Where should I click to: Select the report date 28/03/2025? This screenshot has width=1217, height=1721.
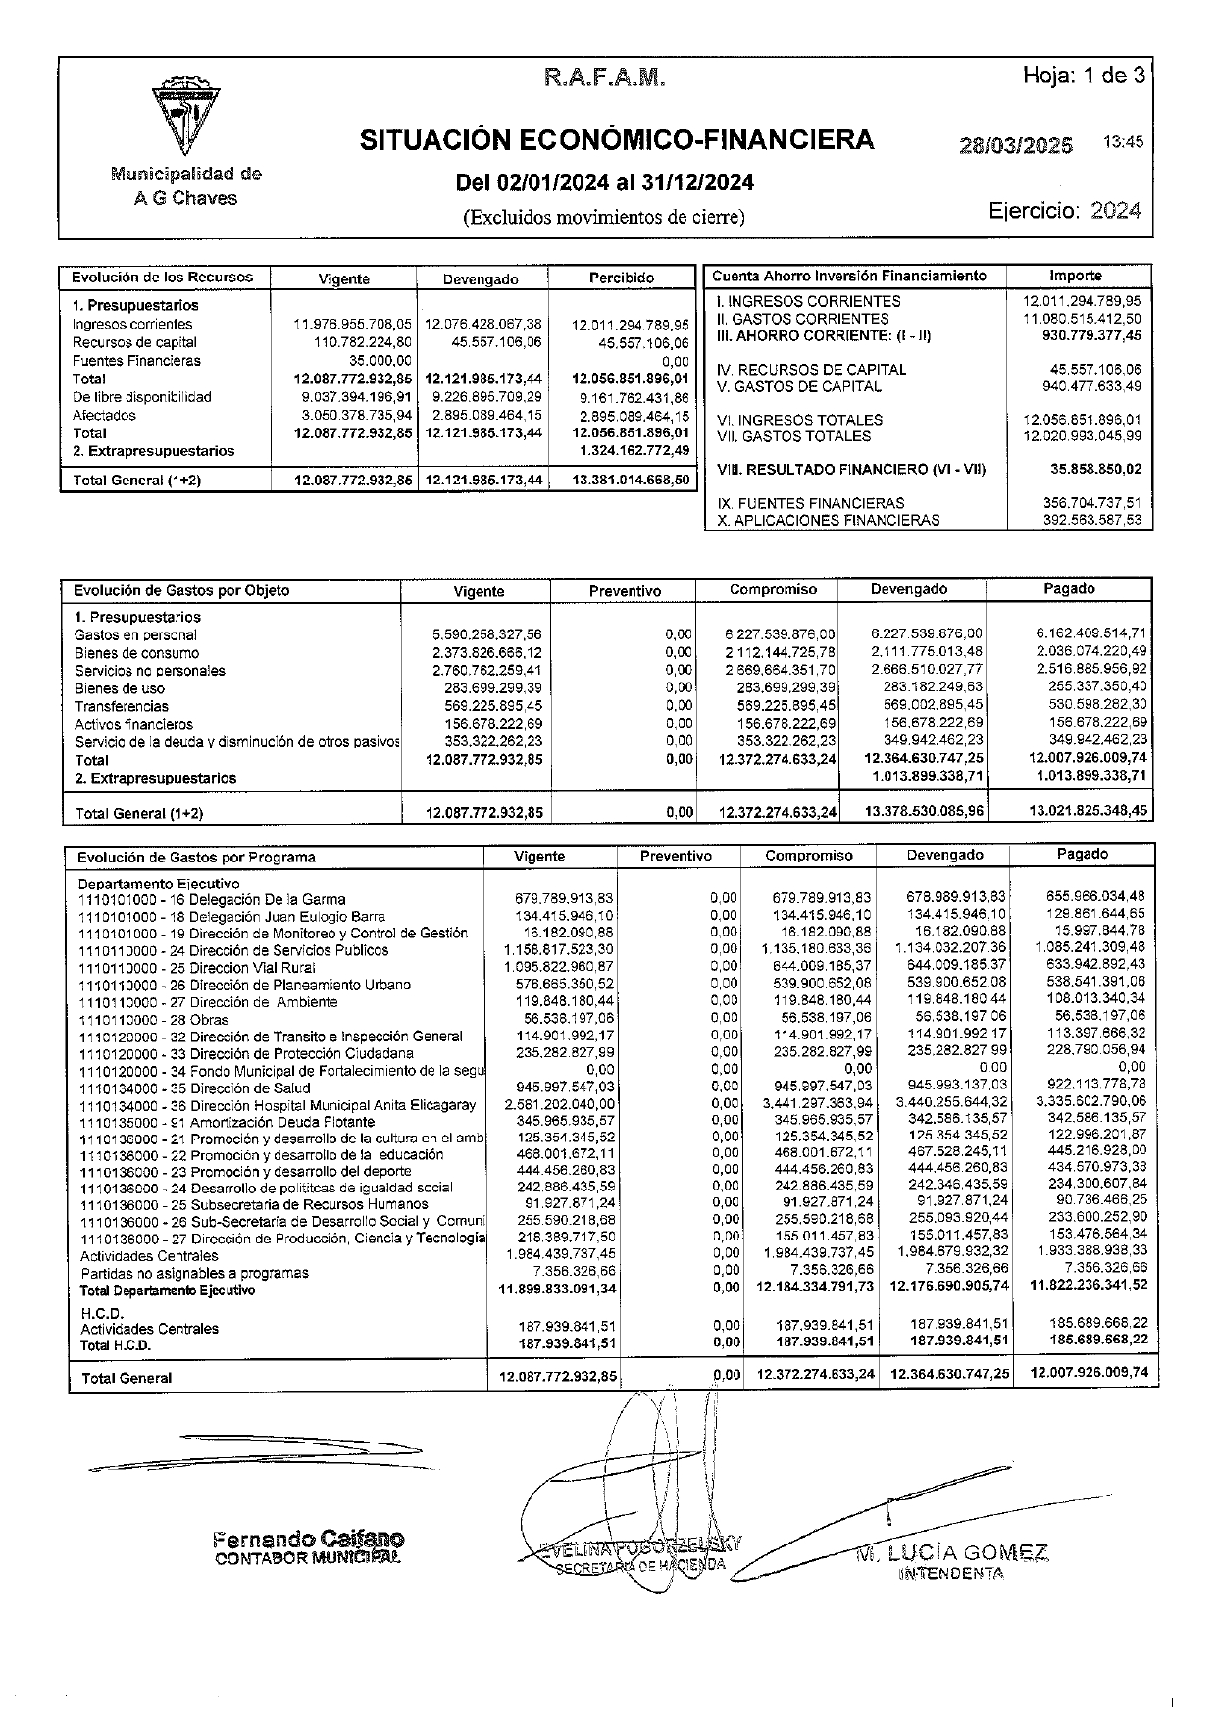[x=1016, y=145]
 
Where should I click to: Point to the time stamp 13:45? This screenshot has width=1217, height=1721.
[x=1123, y=142]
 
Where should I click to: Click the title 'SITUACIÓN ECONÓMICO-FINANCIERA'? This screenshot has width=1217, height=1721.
[x=617, y=140]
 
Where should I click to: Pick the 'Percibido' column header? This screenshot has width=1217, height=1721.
[x=622, y=278]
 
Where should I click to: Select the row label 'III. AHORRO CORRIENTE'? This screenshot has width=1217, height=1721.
[x=823, y=335]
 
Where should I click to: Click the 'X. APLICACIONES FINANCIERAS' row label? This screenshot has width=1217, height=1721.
[x=829, y=520]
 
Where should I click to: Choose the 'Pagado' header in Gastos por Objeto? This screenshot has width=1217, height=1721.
[x=1069, y=588]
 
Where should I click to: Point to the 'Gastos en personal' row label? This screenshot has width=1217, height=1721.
[x=135, y=634]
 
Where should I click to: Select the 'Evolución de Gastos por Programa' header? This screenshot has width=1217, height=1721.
[x=196, y=857]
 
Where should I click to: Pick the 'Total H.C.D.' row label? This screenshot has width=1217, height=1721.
[x=116, y=1345]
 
